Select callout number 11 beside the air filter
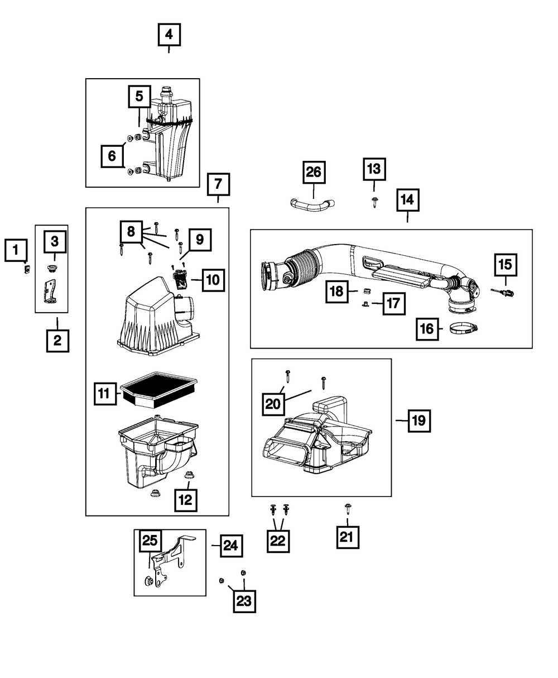pyautogui.click(x=104, y=394)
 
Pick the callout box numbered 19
pyautogui.click(x=419, y=421)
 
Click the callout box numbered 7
pyautogui.click(x=218, y=184)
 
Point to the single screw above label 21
pyautogui.click(x=348, y=508)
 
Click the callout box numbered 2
pyautogui.click(x=57, y=340)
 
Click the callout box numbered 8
pyautogui.click(x=131, y=230)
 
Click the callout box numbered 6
pyautogui.click(x=112, y=156)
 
